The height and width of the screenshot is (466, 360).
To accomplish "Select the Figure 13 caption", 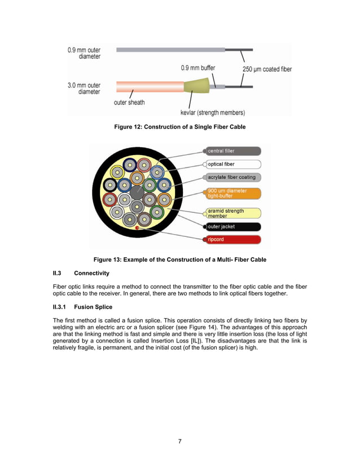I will coord(179,260).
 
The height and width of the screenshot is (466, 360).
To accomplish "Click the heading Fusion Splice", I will coord(93,307).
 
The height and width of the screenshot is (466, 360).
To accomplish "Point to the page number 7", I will coord(179,441).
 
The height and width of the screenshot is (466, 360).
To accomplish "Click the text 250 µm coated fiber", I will coord(267,69).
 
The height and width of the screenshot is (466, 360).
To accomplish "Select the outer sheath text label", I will coord(129,102).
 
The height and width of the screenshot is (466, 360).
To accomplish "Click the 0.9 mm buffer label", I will coord(197,68).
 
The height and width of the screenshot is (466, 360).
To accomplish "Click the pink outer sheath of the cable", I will coord(150,87).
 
